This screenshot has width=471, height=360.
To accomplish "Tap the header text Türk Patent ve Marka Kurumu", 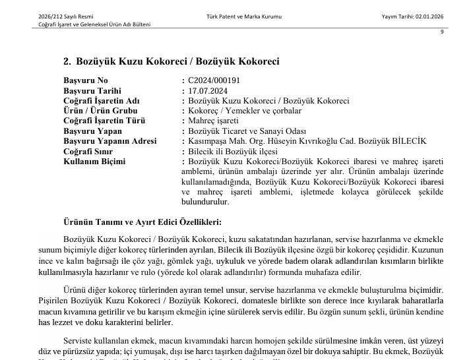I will click(x=243, y=16).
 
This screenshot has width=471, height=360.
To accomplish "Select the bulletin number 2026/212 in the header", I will click(x=51, y=16).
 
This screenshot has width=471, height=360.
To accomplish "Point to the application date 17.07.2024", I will click(x=208, y=91).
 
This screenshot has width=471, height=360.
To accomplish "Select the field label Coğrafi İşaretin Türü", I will click(x=104, y=121).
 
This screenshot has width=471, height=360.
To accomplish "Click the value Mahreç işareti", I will click(x=214, y=121).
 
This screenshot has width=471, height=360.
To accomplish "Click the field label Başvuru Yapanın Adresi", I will click(x=110, y=141).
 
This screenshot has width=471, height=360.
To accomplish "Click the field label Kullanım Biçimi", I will click(x=94, y=161).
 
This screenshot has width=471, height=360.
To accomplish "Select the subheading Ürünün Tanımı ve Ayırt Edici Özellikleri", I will click(x=142, y=222).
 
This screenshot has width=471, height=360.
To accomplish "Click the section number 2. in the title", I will click(x=67, y=61).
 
